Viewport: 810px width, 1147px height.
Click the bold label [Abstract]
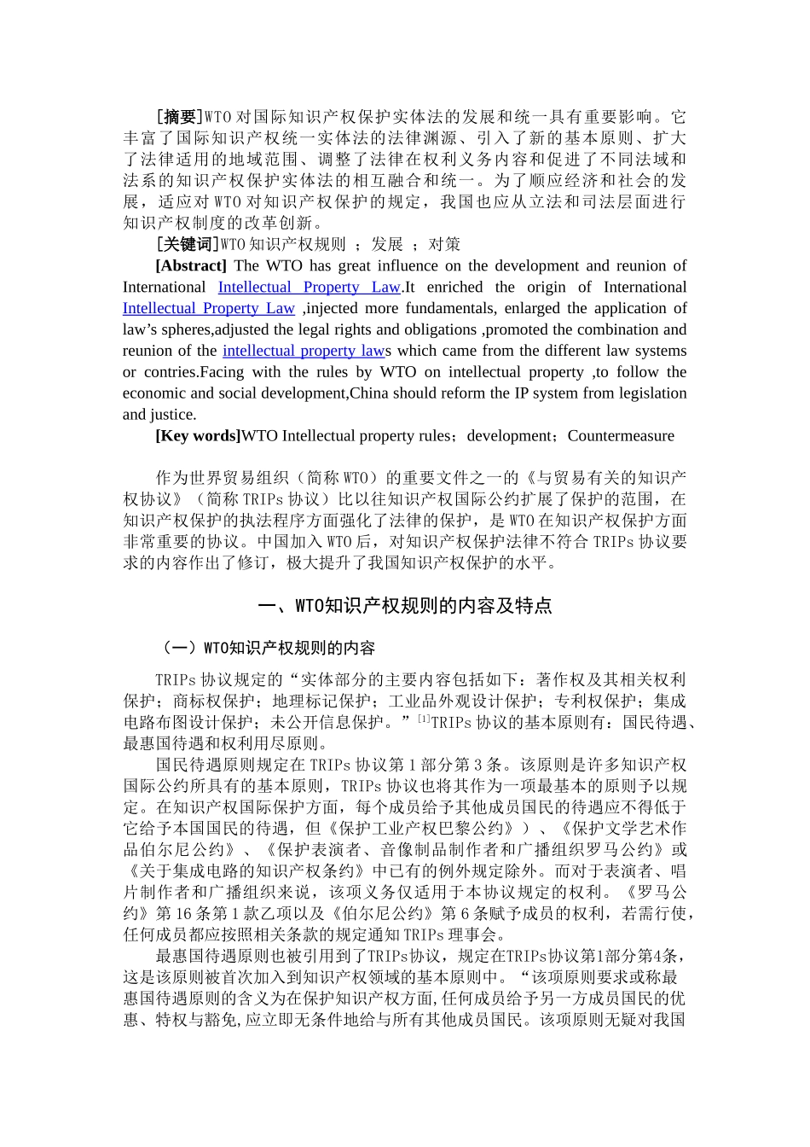tap(191, 266)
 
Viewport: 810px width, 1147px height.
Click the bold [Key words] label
tap(198, 436)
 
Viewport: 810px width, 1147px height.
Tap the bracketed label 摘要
tap(180, 117)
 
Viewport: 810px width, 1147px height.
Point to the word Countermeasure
tap(621, 436)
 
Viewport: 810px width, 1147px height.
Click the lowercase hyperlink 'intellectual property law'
tap(303, 351)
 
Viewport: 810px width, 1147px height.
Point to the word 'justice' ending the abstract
tap(173, 415)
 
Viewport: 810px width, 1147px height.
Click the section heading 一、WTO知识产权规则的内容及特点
tap(404, 607)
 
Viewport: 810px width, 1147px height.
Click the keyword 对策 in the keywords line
tap(444, 245)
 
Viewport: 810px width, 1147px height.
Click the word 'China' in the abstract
tap(369, 393)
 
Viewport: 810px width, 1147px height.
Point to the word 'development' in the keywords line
tap(506, 436)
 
